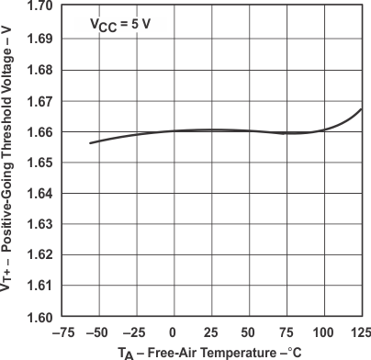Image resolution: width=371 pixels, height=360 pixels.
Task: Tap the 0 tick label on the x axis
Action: [174, 332]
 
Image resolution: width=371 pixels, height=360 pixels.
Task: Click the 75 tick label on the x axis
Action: [287, 332]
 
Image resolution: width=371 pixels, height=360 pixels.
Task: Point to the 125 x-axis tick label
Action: [360, 332]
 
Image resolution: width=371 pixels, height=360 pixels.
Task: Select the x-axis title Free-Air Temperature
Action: [210, 352]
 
